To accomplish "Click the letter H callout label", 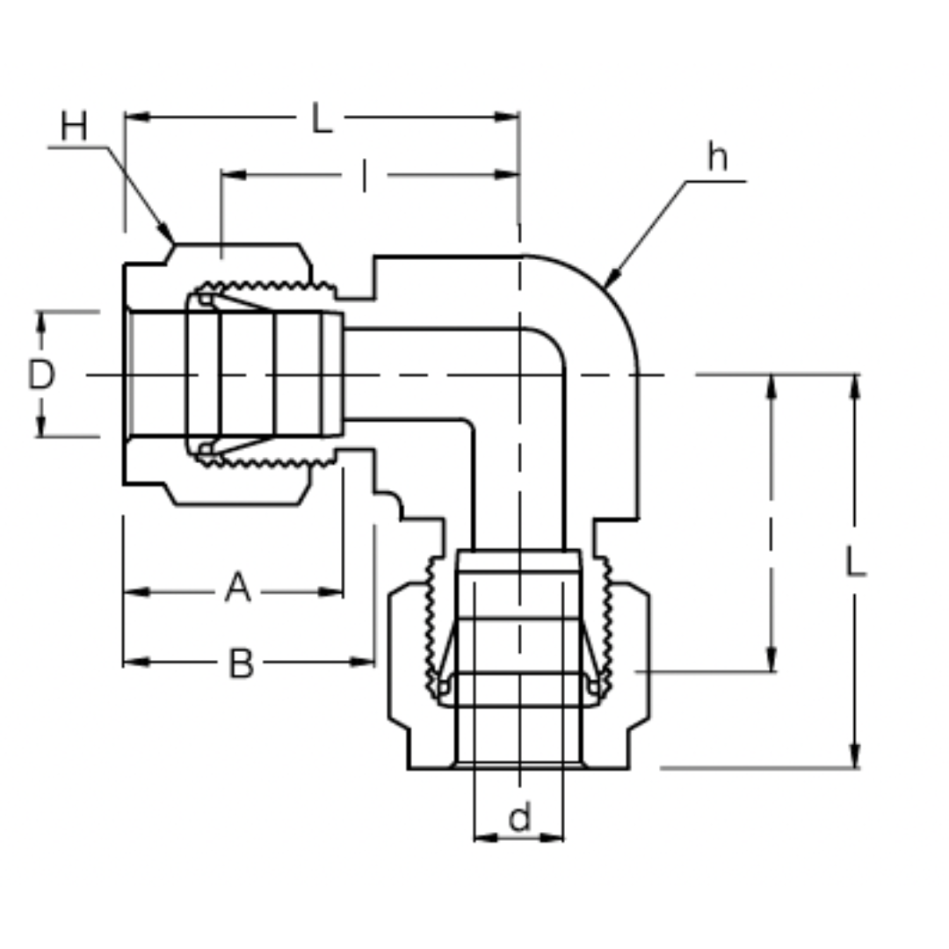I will point(74,127).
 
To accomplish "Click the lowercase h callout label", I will point(718,159).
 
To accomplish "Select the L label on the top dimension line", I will point(322,119).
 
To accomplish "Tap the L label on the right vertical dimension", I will point(855,562).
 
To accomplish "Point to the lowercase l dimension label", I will point(365,176).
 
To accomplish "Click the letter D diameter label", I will point(40,376).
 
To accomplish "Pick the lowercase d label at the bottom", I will point(519,818).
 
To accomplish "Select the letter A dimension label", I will point(237,588).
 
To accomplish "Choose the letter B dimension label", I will point(241,663).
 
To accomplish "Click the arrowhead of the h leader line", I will point(609,282).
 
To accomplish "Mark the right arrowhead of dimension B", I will point(364,662).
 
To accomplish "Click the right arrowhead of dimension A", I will point(332,592).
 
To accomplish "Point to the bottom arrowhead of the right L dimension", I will point(854,757).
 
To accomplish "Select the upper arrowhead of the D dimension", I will point(40,321).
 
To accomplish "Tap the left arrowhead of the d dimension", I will point(483,837).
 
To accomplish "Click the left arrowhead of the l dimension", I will point(232,175).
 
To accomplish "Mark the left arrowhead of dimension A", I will point(134,592).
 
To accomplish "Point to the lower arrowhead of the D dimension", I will point(40,427).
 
